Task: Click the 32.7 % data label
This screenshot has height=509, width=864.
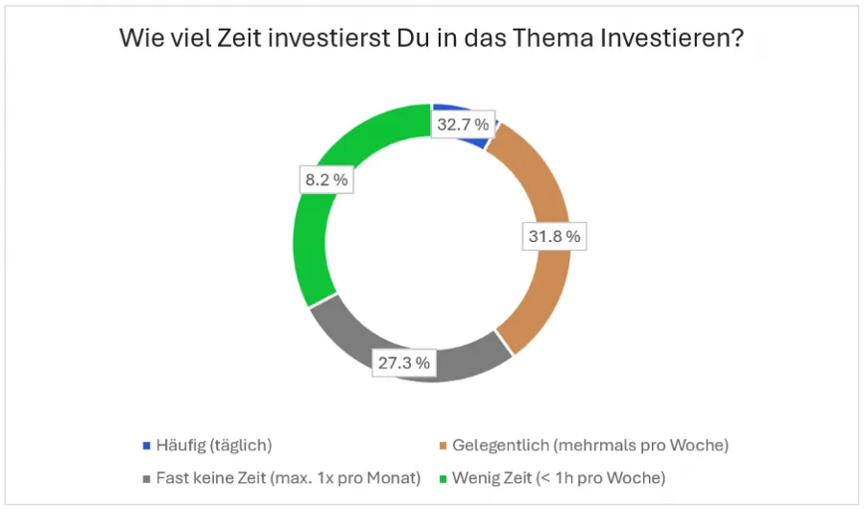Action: [463, 125]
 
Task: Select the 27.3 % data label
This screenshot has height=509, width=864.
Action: [403, 363]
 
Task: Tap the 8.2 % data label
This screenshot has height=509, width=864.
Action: [323, 180]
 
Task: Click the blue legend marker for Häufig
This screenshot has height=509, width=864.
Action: [147, 446]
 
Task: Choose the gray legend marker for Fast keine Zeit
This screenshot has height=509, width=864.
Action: [147, 477]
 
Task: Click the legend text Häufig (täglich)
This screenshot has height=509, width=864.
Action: [214, 446]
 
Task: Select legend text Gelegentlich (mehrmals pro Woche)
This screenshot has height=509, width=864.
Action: [590, 446]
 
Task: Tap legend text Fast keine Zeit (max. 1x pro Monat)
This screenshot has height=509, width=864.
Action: [288, 477]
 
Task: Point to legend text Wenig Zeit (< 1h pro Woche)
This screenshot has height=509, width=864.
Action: [559, 477]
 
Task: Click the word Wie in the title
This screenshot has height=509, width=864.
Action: [139, 39]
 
